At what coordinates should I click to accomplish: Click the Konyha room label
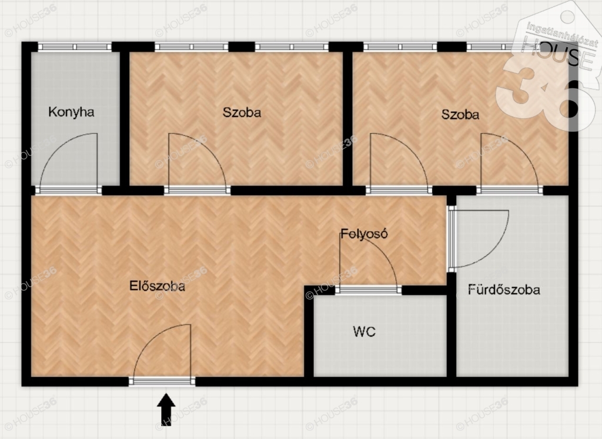tap(71, 112)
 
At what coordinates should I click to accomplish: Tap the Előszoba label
tap(157, 285)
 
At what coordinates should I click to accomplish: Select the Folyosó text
tap(364, 234)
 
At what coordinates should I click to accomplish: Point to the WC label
tap(364, 331)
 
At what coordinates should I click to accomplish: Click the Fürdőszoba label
tap(504, 289)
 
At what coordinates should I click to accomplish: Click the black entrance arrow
tap(166, 410)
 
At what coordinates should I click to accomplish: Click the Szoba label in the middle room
tap(242, 112)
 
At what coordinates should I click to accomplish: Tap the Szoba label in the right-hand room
tap(460, 114)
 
